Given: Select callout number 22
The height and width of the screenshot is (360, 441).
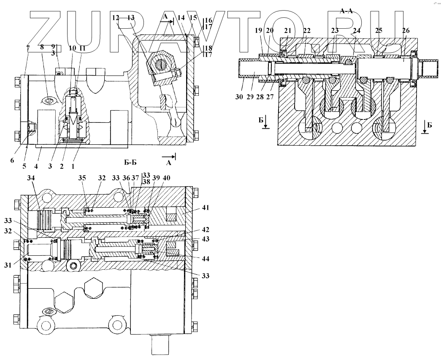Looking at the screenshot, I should (x=307, y=31).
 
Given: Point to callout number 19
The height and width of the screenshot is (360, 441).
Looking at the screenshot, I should (x=259, y=31).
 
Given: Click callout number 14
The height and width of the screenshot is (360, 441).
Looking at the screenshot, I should (x=181, y=18).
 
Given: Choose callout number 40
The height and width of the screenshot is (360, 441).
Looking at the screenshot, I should (x=167, y=178).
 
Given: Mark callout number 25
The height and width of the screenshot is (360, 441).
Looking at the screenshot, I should (x=379, y=31).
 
